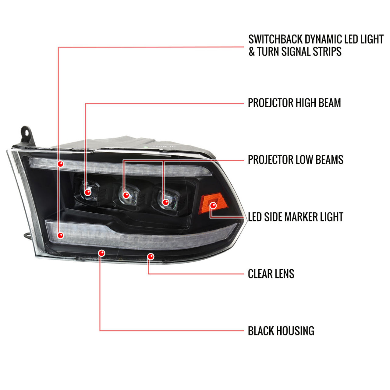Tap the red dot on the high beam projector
(x=88, y=192)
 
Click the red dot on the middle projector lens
(x=126, y=195)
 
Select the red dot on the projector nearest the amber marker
(x=166, y=202)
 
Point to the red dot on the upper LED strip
(x=61, y=164)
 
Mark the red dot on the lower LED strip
(x=61, y=236)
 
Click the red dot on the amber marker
(x=213, y=206)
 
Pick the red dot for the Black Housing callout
(x=101, y=253)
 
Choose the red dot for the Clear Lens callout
(x=151, y=257)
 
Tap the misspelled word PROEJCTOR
(x=271, y=103)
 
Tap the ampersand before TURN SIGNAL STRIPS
(x=252, y=51)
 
